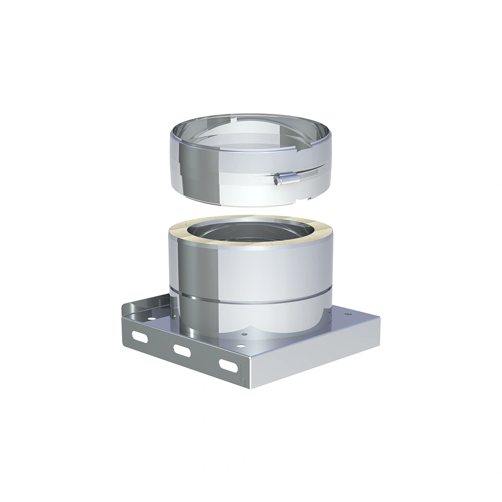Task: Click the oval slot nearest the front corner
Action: tap(227, 364)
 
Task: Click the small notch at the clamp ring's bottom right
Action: tap(309, 199)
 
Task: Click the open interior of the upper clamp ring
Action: tap(249, 136)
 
